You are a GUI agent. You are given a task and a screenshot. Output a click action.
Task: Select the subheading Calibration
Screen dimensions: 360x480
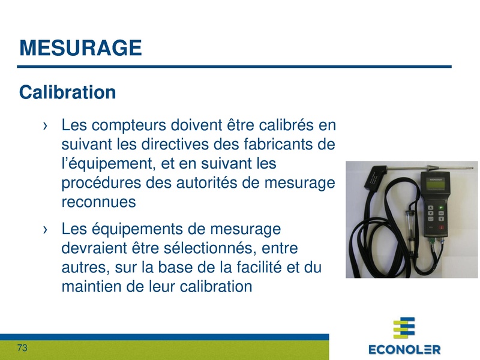67,92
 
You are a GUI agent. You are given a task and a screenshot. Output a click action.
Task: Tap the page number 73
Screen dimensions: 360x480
23,348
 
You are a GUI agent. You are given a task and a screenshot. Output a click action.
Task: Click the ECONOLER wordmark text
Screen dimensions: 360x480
404,349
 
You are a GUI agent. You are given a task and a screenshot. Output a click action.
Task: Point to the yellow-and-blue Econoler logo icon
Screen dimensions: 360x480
404,328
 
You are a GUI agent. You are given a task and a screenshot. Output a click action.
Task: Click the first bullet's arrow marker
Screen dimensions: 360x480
45,127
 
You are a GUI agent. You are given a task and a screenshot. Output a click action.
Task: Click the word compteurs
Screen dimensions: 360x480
128,127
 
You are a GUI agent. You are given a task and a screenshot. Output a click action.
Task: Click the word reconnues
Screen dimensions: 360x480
99,202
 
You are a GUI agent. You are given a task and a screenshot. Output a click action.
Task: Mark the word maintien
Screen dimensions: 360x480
91,287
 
